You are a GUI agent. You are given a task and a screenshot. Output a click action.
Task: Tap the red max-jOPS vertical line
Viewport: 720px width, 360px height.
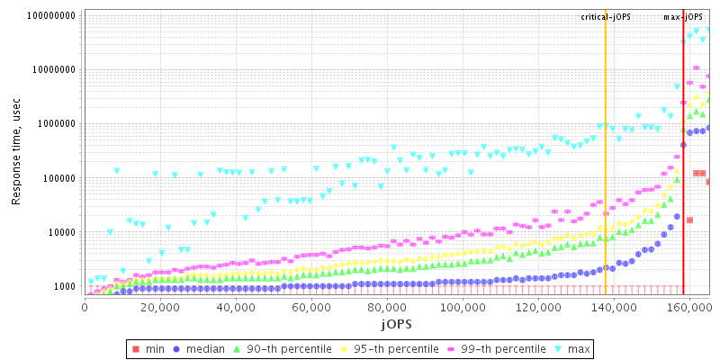[x=683, y=180]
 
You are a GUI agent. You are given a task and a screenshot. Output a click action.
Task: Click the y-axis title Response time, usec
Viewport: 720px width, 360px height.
[x=16, y=152]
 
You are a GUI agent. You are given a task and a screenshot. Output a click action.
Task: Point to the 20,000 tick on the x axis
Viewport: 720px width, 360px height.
[x=159, y=307]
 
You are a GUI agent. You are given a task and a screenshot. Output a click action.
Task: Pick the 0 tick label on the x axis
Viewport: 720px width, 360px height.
[x=85, y=307]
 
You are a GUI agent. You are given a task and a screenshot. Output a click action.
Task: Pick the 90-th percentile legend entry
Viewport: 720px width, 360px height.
[x=282, y=348]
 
